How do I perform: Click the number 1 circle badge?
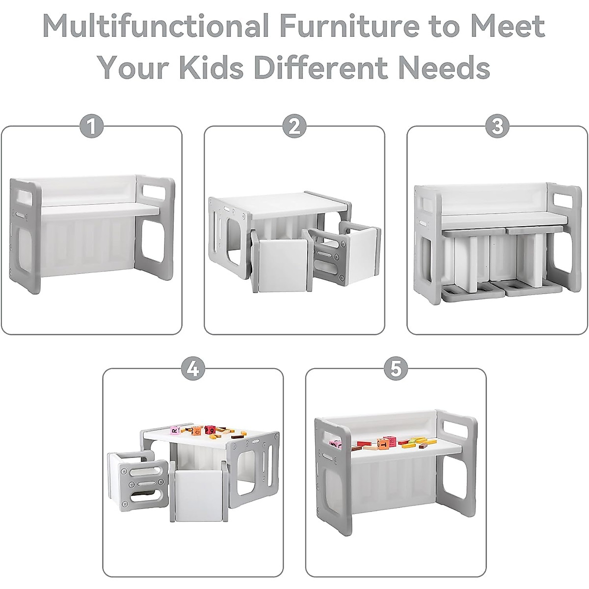(91, 127)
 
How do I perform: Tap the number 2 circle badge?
(294, 127)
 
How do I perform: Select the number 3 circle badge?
(497, 127)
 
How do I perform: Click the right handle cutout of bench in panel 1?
(156, 191)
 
